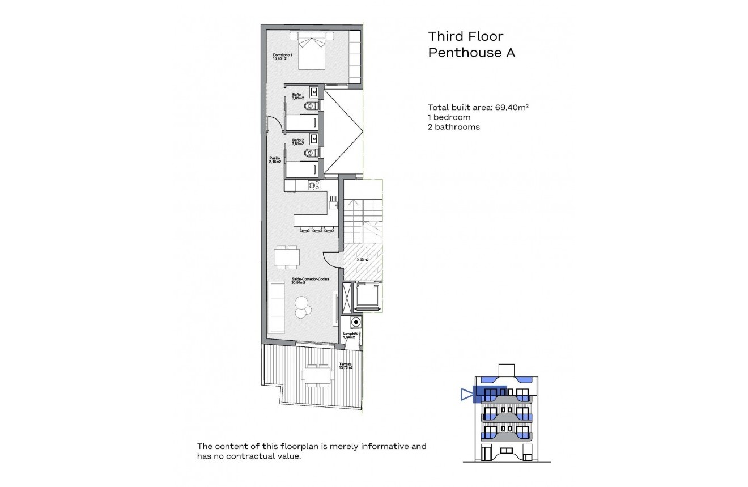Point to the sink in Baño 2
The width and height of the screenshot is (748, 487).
click(313, 138)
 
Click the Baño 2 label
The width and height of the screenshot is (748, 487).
click(298, 142)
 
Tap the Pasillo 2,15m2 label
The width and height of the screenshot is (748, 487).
click(275, 160)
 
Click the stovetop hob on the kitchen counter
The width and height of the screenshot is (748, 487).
click(313, 185)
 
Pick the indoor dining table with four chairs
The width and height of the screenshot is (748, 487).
click(287, 257)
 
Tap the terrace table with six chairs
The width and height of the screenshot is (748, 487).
click(317, 375)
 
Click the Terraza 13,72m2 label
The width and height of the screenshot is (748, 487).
click(346, 366)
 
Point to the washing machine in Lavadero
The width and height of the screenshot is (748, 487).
click(355, 323)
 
